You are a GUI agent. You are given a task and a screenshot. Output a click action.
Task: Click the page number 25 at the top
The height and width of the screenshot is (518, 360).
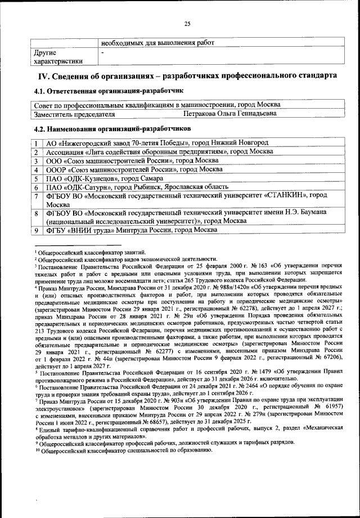pyautogui.click(x=187, y=23)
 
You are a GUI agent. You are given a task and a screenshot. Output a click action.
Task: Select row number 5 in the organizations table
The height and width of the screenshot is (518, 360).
pyautogui.click(x=35, y=178)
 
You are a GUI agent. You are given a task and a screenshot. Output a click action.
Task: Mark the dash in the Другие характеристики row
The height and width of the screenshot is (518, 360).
pyautogui.click(x=102, y=52)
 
